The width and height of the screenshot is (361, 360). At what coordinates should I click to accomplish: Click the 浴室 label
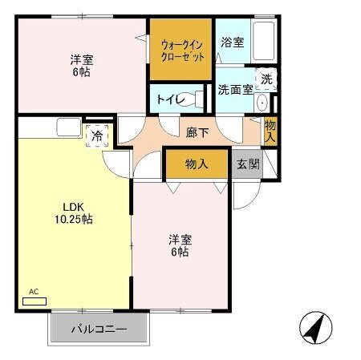click(x=232, y=42)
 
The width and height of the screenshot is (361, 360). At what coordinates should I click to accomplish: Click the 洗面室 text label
click(x=236, y=89)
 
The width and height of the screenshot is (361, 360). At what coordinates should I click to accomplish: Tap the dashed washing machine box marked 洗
click(x=266, y=79)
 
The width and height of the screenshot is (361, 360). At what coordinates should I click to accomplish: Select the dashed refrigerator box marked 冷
click(x=96, y=136)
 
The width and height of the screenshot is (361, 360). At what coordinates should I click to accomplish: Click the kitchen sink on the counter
click(x=67, y=127)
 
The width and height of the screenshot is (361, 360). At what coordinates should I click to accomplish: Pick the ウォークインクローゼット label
click(x=180, y=50)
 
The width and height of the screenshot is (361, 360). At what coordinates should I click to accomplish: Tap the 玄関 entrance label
click(x=247, y=164)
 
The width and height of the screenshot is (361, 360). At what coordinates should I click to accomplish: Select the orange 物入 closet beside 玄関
click(x=197, y=164)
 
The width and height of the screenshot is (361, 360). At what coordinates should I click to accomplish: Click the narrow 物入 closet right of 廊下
click(x=271, y=131)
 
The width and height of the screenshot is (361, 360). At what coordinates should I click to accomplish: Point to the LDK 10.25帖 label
click(x=73, y=212)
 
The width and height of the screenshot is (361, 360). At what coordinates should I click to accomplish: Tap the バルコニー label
click(x=99, y=329)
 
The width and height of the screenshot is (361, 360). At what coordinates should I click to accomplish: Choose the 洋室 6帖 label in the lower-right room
click(x=179, y=245)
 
